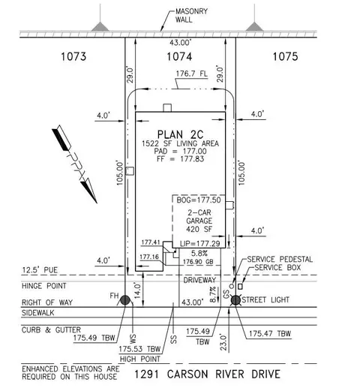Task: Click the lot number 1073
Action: (x=73, y=56)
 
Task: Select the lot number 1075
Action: (x=285, y=56)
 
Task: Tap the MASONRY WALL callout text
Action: (x=191, y=15)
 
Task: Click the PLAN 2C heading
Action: (x=180, y=134)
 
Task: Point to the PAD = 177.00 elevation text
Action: (x=180, y=151)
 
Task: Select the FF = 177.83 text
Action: (x=180, y=159)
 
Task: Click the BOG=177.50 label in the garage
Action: (x=199, y=200)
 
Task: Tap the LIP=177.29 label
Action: (x=200, y=244)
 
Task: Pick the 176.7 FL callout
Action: (x=192, y=74)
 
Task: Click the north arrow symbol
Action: (x=74, y=164)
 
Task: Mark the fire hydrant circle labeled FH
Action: (x=125, y=300)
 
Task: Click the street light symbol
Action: (x=235, y=300)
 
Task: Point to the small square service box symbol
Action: (x=240, y=287)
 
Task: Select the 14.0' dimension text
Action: (x=137, y=290)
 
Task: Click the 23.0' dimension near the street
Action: (x=223, y=342)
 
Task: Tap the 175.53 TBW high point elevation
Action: (x=139, y=349)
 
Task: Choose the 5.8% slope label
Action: (x=199, y=254)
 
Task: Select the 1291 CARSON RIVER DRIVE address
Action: (x=207, y=374)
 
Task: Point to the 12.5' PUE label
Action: (x=40, y=270)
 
